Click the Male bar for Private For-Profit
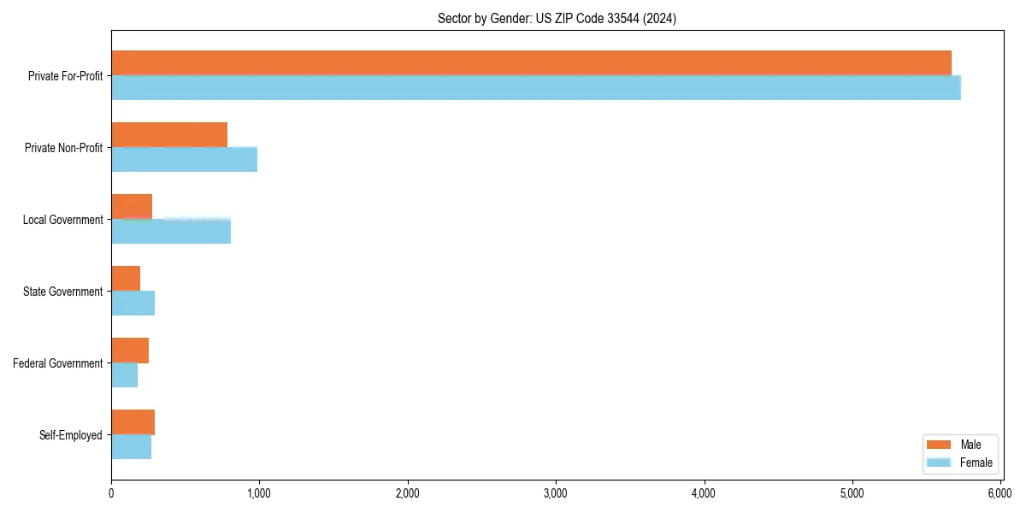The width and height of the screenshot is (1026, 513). pos(531,62)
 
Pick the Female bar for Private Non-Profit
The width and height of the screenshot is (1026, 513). pos(184,159)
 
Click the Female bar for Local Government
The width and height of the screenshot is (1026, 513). pos(171,231)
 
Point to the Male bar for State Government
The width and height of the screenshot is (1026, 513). pos(126,278)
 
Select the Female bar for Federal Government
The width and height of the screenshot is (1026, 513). pos(125,374)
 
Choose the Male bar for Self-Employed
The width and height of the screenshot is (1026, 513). pos(133,422)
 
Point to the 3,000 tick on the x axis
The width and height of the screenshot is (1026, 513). pos(556,493)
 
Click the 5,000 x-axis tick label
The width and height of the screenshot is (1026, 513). pos(852,493)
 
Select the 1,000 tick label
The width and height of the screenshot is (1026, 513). pos(259,493)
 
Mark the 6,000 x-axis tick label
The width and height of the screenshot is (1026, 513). pos(1000,493)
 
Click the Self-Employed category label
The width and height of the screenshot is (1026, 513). pos(71,435)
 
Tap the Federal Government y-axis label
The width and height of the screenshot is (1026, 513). pos(58,363)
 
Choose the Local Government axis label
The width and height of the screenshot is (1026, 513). pos(63,220)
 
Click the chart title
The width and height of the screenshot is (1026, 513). pos(557,19)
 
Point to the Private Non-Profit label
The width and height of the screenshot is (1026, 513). pos(64,148)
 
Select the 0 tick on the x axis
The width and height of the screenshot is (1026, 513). pos(111,493)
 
